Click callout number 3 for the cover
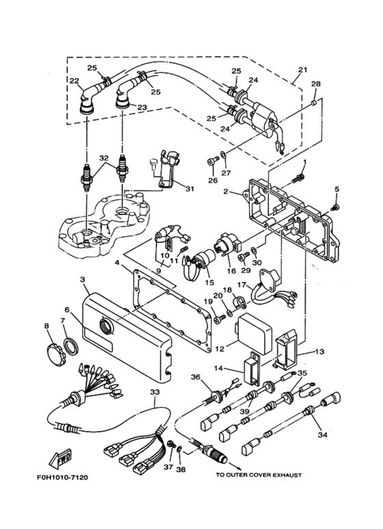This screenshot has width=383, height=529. point(82,280)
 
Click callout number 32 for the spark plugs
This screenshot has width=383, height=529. point(103,157)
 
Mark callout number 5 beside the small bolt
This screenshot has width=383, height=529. point(336,189)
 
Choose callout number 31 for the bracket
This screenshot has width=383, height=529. point(189,190)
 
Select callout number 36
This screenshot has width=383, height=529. point(195,378)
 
